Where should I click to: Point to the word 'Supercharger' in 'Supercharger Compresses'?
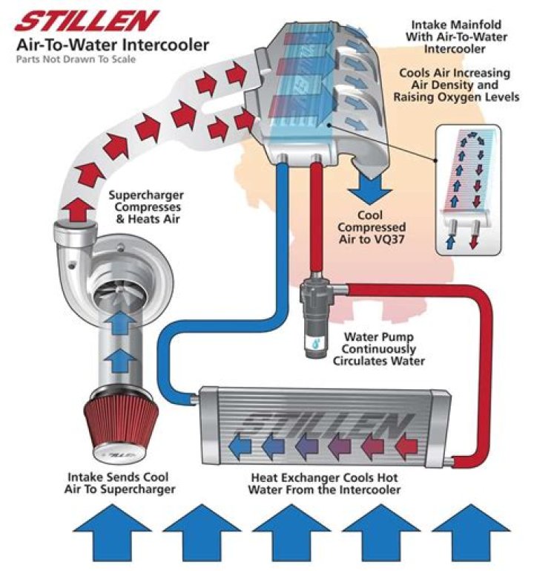146,196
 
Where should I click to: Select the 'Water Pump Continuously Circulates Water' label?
379,350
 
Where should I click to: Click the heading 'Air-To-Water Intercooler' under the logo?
113,45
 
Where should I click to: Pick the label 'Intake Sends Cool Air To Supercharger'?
121,483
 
